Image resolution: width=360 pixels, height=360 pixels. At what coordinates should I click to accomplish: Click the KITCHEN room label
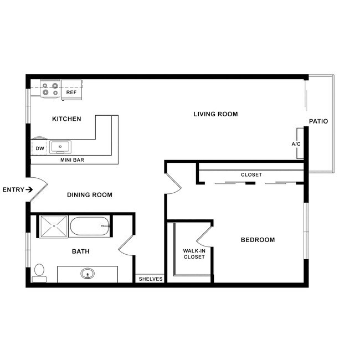point(66,119)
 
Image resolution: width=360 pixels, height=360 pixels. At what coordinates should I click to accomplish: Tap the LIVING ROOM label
point(215,114)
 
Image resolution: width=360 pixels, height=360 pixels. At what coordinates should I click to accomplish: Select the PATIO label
point(318,121)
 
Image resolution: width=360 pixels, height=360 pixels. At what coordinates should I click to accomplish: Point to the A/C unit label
point(296,144)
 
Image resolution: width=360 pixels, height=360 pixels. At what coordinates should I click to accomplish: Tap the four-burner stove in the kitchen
point(50,89)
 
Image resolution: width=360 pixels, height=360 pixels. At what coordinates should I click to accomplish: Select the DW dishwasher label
point(40,148)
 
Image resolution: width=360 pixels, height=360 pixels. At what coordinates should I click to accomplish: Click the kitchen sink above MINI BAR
point(60,147)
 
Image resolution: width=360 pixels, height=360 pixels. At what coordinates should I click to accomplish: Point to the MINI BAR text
point(72,160)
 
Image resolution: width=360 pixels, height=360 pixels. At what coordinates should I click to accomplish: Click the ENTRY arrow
point(29,190)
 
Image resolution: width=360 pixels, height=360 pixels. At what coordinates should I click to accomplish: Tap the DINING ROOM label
point(90,195)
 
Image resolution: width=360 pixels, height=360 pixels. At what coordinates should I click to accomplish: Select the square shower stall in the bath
point(53,226)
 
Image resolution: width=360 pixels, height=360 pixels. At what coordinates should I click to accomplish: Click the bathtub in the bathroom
point(90,226)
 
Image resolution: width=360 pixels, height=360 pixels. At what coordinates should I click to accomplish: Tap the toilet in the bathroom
point(39,272)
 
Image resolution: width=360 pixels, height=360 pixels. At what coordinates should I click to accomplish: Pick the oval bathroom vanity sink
point(87,274)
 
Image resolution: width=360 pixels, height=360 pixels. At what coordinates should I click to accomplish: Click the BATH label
point(81,251)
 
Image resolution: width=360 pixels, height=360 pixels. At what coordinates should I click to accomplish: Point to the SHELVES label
point(151,279)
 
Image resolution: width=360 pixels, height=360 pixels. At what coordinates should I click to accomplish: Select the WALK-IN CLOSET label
point(194,254)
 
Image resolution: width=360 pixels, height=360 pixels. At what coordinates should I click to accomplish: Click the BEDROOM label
point(258,240)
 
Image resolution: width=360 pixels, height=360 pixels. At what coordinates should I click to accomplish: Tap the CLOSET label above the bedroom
point(251,174)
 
